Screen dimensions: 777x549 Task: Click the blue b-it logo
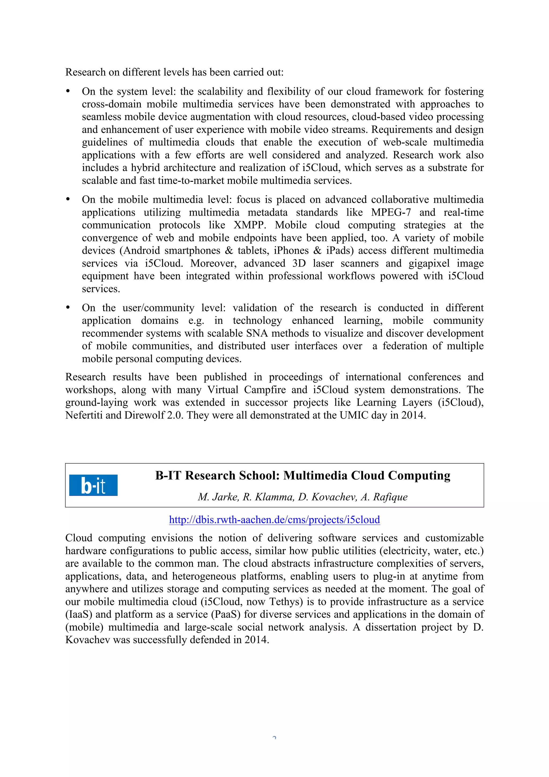click(93, 485)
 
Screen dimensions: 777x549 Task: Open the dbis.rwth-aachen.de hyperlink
click(274, 519)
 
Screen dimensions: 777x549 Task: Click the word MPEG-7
click(391, 212)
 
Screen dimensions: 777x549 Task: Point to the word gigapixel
click(429, 263)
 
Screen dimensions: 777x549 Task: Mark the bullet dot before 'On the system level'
click(68, 91)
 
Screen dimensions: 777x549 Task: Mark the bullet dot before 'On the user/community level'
click(68, 308)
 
